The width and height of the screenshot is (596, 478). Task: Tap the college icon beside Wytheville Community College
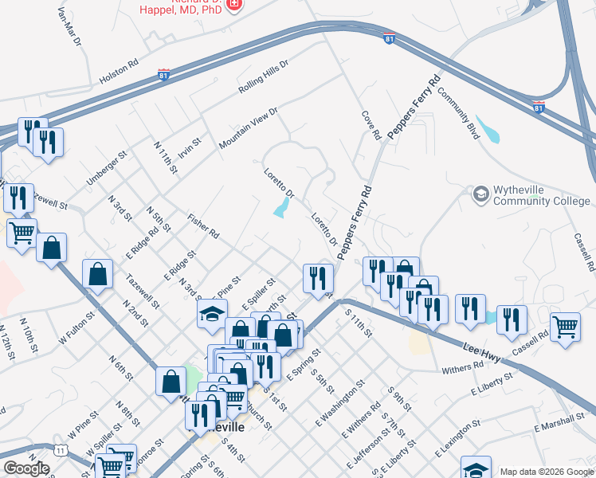[480, 194]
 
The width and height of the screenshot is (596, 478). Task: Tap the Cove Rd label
[371, 126]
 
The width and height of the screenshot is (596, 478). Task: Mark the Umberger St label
[107, 169]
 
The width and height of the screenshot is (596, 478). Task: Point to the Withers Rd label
[462, 368]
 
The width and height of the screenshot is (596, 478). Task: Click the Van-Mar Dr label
[70, 29]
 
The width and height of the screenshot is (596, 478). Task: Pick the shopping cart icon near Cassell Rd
[565, 327]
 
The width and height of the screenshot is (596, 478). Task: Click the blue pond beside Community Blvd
[488, 130]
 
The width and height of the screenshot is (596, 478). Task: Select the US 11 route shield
[61, 450]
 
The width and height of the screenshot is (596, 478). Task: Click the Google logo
[26, 468]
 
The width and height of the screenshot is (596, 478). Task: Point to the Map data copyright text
[546, 471]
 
